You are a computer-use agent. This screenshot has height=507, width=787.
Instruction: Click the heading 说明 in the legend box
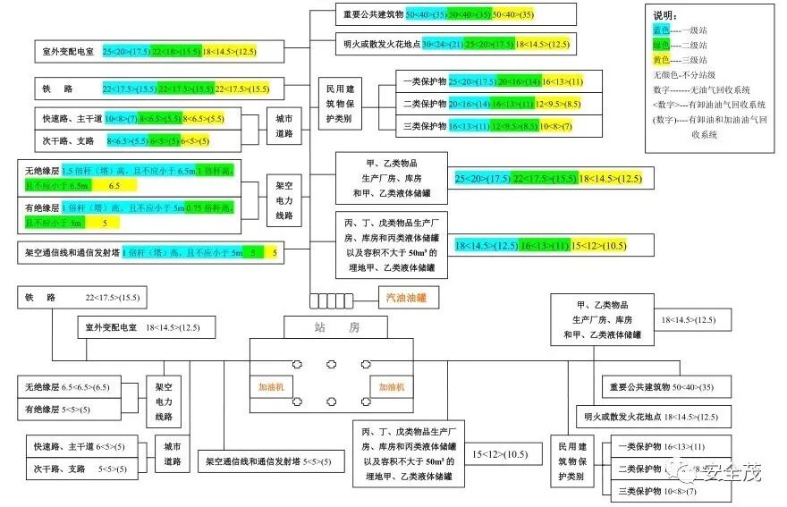665,16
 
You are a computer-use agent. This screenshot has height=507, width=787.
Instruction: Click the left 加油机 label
271,387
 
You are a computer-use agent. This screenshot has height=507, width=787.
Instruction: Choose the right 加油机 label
391,387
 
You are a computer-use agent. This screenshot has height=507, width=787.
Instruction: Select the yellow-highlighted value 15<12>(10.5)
599,245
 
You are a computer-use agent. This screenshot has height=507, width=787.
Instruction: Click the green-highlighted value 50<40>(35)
470,15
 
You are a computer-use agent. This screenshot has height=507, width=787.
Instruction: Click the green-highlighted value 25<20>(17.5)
488,44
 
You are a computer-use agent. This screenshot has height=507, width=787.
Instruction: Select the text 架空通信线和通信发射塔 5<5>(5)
268,461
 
